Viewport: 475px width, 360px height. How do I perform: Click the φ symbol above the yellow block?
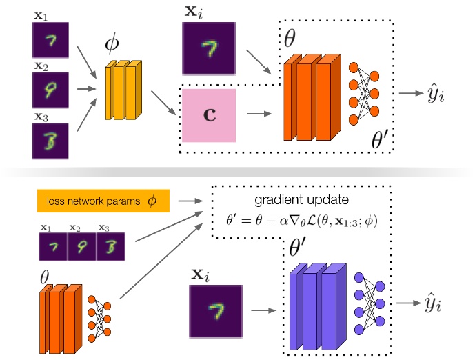pos(112,43)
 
